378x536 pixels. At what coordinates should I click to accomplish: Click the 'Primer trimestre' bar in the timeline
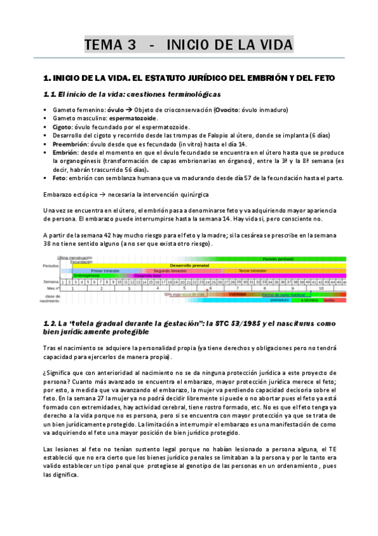pyautogui.click(x=105, y=270)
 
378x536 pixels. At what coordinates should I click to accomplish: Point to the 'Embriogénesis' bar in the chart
pyautogui.click(x=86, y=276)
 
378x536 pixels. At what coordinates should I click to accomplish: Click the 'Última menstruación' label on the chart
pyautogui.click(x=74, y=258)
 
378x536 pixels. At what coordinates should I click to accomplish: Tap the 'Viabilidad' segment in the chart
pyautogui.click(x=237, y=294)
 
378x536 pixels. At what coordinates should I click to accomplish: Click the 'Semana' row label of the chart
pyautogui.click(x=51, y=281)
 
